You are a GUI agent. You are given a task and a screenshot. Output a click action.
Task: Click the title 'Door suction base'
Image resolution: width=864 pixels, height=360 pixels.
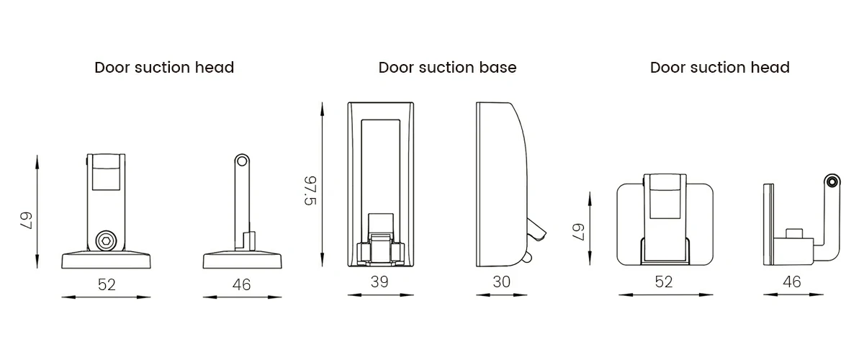pyautogui.click(x=447, y=68)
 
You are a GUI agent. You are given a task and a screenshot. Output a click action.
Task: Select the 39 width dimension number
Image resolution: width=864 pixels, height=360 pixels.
pyautogui.click(x=379, y=282)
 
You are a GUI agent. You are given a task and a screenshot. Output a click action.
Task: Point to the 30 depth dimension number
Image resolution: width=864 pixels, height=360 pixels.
pyautogui.click(x=501, y=282)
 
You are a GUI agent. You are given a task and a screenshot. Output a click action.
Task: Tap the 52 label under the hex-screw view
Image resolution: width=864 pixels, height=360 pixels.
pyautogui.click(x=107, y=284)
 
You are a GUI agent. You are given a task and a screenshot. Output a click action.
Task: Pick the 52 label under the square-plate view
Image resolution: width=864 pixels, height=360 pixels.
pyautogui.click(x=664, y=282)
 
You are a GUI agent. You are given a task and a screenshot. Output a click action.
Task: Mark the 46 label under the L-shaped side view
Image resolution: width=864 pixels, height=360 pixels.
pyautogui.click(x=791, y=282)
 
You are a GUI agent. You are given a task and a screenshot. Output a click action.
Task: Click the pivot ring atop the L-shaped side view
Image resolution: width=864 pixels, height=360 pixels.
pyautogui.click(x=833, y=181)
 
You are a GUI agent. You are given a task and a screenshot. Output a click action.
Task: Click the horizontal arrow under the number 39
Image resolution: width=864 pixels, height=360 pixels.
pyautogui.click(x=379, y=294)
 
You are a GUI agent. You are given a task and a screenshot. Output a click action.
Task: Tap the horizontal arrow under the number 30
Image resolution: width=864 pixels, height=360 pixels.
pyautogui.click(x=501, y=294)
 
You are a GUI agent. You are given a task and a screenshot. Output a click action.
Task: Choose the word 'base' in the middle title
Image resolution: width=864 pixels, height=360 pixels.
pyautogui.click(x=498, y=68)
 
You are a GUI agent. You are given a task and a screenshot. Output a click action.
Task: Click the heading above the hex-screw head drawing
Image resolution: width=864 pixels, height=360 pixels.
pyautogui.click(x=164, y=68)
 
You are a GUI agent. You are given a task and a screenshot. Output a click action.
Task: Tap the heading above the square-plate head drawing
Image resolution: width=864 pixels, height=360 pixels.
pyautogui.click(x=719, y=68)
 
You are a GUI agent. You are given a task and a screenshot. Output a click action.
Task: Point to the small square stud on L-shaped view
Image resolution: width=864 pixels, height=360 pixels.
pyautogui.click(x=794, y=233)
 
